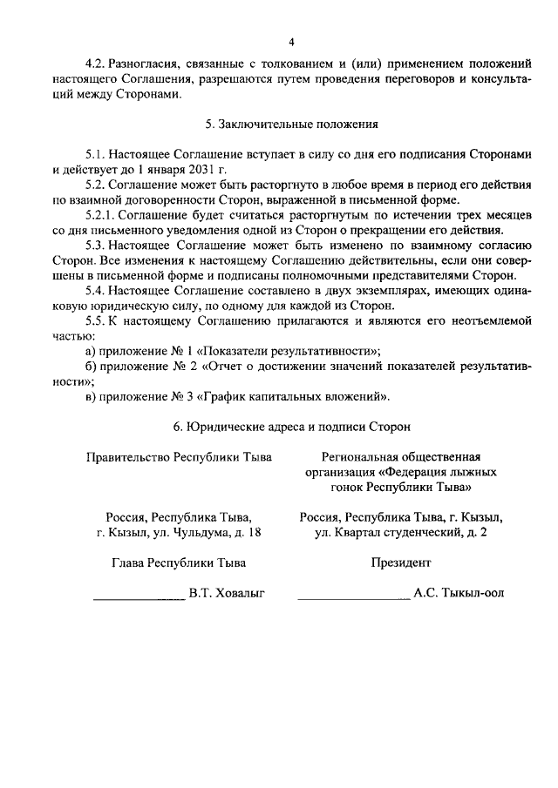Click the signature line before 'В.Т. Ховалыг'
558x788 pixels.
[x=139, y=596]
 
